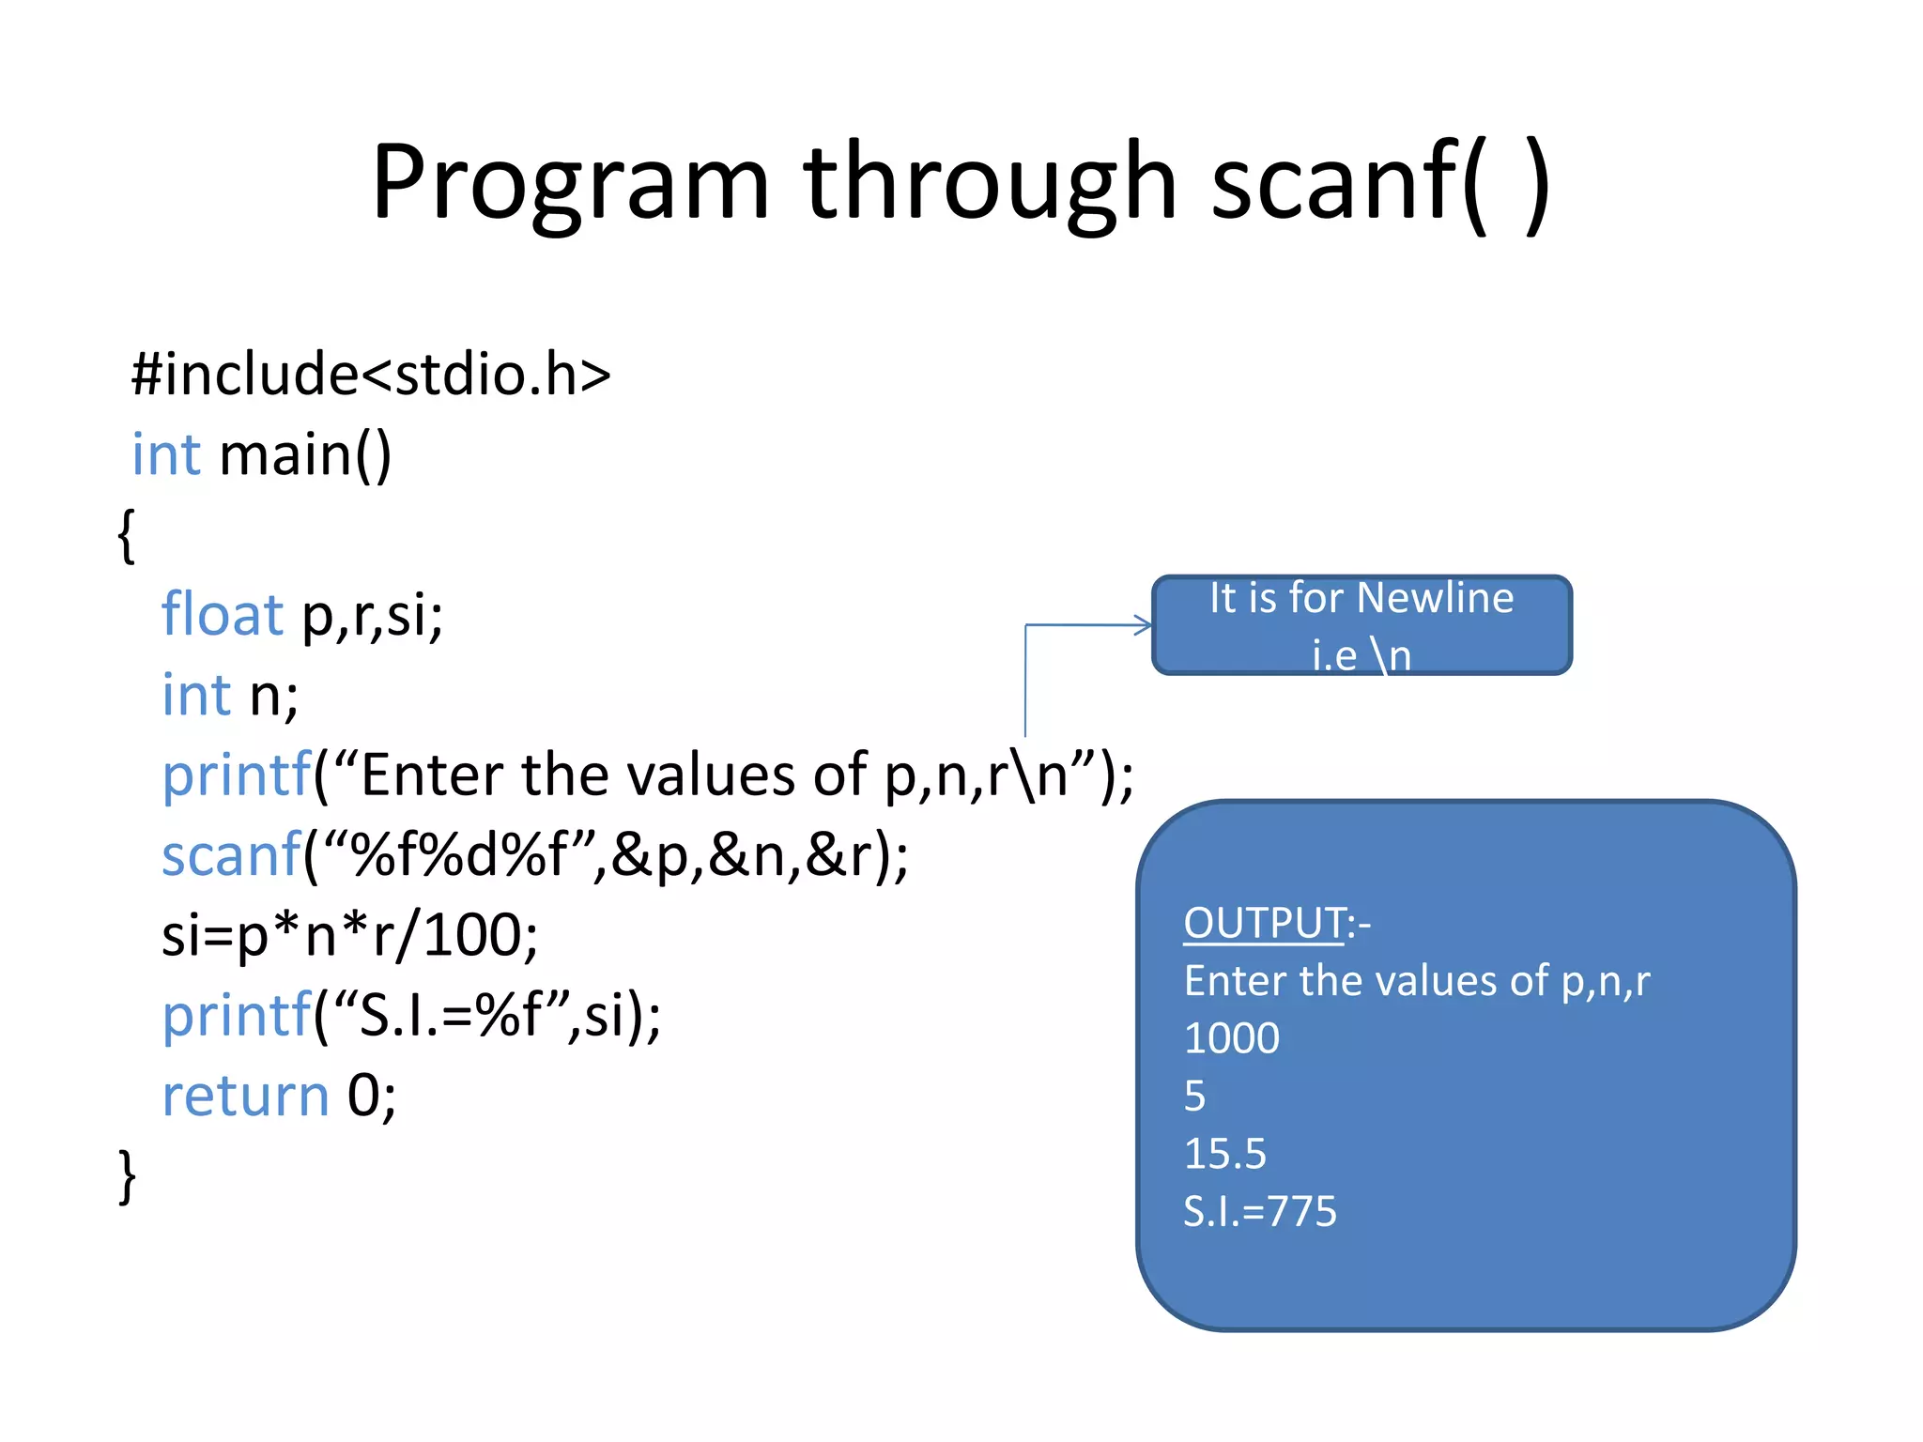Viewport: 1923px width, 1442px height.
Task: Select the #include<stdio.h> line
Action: click(x=371, y=375)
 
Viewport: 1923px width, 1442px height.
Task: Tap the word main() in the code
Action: click(x=305, y=455)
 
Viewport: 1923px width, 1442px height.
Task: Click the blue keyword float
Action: click(x=222, y=615)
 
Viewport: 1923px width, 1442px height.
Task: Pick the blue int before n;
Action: click(x=195, y=695)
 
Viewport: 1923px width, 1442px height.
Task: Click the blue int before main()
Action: click(x=166, y=455)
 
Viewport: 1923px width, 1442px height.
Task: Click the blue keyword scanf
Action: click(x=231, y=855)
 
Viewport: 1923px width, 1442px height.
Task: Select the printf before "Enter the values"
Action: click(x=236, y=775)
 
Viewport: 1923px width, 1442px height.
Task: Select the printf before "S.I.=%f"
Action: click(x=236, y=1016)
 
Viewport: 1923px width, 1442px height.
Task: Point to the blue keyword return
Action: click(x=245, y=1096)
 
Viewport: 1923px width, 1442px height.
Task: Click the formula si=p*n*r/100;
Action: click(x=349, y=936)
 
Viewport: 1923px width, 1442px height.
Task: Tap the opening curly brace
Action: click(x=127, y=535)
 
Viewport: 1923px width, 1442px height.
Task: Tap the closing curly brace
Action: click(x=127, y=1175)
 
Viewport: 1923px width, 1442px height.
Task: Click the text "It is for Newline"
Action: click(x=1361, y=599)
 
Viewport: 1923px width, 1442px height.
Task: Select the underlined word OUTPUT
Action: click(x=1264, y=923)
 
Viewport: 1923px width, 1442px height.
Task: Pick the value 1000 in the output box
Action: click(x=1231, y=1038)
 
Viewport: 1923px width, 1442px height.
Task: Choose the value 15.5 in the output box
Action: click(x=1224, y=1154)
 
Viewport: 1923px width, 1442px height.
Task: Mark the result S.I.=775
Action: click(x=1259, y=1211)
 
